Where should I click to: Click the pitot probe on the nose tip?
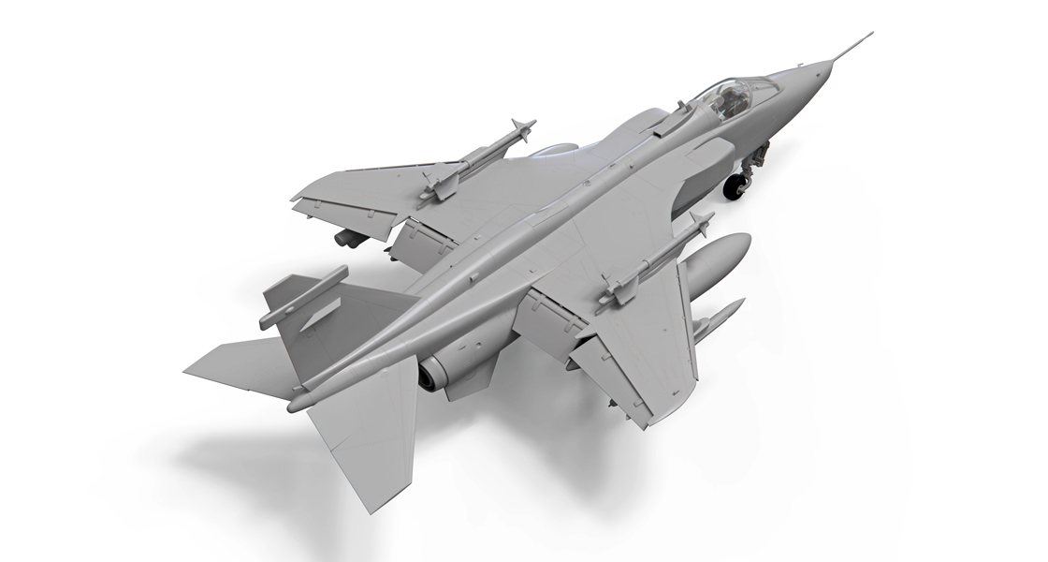click(x=853, y=46)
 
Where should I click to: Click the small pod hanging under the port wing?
click(x=351, y=238)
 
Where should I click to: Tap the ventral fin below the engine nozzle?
click(x=468, y=384)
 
